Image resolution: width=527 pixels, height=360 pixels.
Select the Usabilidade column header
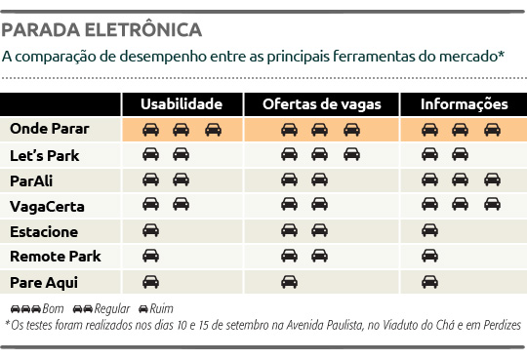coord(182,104)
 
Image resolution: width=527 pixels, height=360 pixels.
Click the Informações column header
coord(464,104)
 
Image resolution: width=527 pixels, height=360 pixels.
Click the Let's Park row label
coord(44,154)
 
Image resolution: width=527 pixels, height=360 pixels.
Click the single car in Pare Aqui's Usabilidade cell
coord(151,282)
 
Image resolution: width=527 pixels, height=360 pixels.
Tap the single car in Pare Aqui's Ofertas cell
coord(290,282)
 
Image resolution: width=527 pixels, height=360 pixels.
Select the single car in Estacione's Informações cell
coord(430,231)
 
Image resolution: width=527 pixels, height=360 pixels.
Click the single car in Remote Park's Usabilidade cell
coord(151,257)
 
